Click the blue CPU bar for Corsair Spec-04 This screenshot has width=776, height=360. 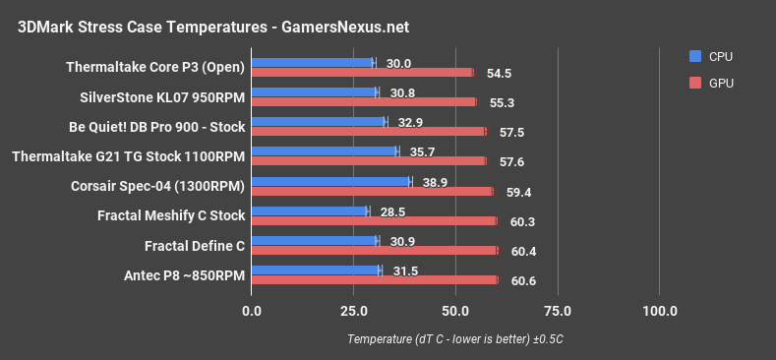pyautogui.click(x=331, y=182)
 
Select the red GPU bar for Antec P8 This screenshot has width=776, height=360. pyautogui.click(x=375, y=280)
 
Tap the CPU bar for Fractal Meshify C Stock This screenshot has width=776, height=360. pyautogui.click(x=310, y=210)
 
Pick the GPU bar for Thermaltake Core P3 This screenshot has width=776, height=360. pyautogui.click(x=362, y=72)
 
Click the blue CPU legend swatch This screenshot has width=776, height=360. pyautogui.click(x=696, y=56)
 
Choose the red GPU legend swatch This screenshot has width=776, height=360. pyautogui.click(x=696, y=84)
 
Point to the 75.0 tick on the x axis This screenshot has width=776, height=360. pyautogui.click(x=558, y=312)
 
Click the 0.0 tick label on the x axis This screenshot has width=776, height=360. pyautogui.click(x=252, y=312)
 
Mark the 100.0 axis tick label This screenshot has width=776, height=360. pyautogui.click(x=660, y=312)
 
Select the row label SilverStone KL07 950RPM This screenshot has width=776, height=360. pyautogui.click(x=162, y=97)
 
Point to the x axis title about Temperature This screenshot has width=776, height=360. pyautogui.click(x=454, y=339)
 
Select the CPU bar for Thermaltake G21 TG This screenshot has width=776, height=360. pyautogui.click(x=325, y=151)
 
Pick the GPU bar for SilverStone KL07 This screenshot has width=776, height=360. pyautogui.click(x=364, y=101)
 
